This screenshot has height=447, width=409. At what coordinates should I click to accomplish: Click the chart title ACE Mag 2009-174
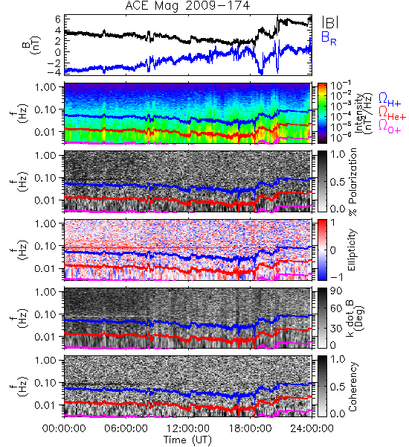[187, 6]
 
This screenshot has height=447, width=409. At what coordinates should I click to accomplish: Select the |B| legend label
[330, 22]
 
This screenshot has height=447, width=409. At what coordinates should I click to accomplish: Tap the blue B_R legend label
[329, 38]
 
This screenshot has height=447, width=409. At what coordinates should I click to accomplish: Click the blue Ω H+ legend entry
[390, 100]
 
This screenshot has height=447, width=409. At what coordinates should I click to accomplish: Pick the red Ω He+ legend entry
[392, 113]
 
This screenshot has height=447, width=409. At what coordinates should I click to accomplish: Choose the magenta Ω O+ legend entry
[390, 127]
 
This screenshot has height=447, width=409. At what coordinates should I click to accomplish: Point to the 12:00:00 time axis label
[187, 428]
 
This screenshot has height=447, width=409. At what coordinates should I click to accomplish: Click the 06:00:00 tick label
[126, 428]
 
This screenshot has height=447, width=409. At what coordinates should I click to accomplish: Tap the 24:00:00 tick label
[312, 428]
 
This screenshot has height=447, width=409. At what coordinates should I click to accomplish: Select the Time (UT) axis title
[187, 440]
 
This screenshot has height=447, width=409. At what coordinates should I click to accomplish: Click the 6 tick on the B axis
[58, 19]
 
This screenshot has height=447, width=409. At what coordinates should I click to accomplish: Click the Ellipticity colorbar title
[352, 250]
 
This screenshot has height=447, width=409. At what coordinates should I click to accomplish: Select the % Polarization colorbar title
[352, 182]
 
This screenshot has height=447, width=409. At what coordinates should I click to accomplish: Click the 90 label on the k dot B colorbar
[336, 291]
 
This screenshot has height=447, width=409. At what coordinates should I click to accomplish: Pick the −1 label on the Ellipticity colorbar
[336, 277]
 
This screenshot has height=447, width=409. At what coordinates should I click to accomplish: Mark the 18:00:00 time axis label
[250, 428]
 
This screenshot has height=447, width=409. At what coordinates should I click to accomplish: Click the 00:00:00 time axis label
[64, 428]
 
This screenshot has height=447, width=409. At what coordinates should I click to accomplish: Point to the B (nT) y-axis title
[32, 45]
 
